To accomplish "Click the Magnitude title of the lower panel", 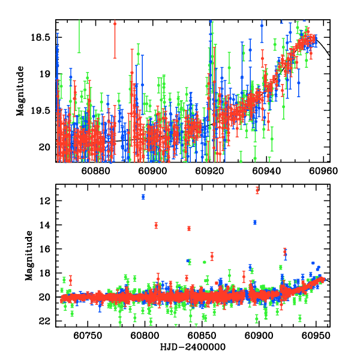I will point(29,256).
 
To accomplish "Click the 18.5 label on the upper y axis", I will point(40,37).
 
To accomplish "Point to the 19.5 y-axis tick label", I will point(40,110).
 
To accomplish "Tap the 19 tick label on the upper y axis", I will point(44,74).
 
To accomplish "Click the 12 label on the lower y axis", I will point(44,200).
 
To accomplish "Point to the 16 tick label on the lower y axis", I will point(44,249).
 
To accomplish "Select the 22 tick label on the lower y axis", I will point(44,322).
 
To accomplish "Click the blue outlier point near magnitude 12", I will point(143,197).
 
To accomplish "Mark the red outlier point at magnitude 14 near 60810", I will point(156,226).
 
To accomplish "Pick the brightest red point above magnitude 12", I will point(257,190).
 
